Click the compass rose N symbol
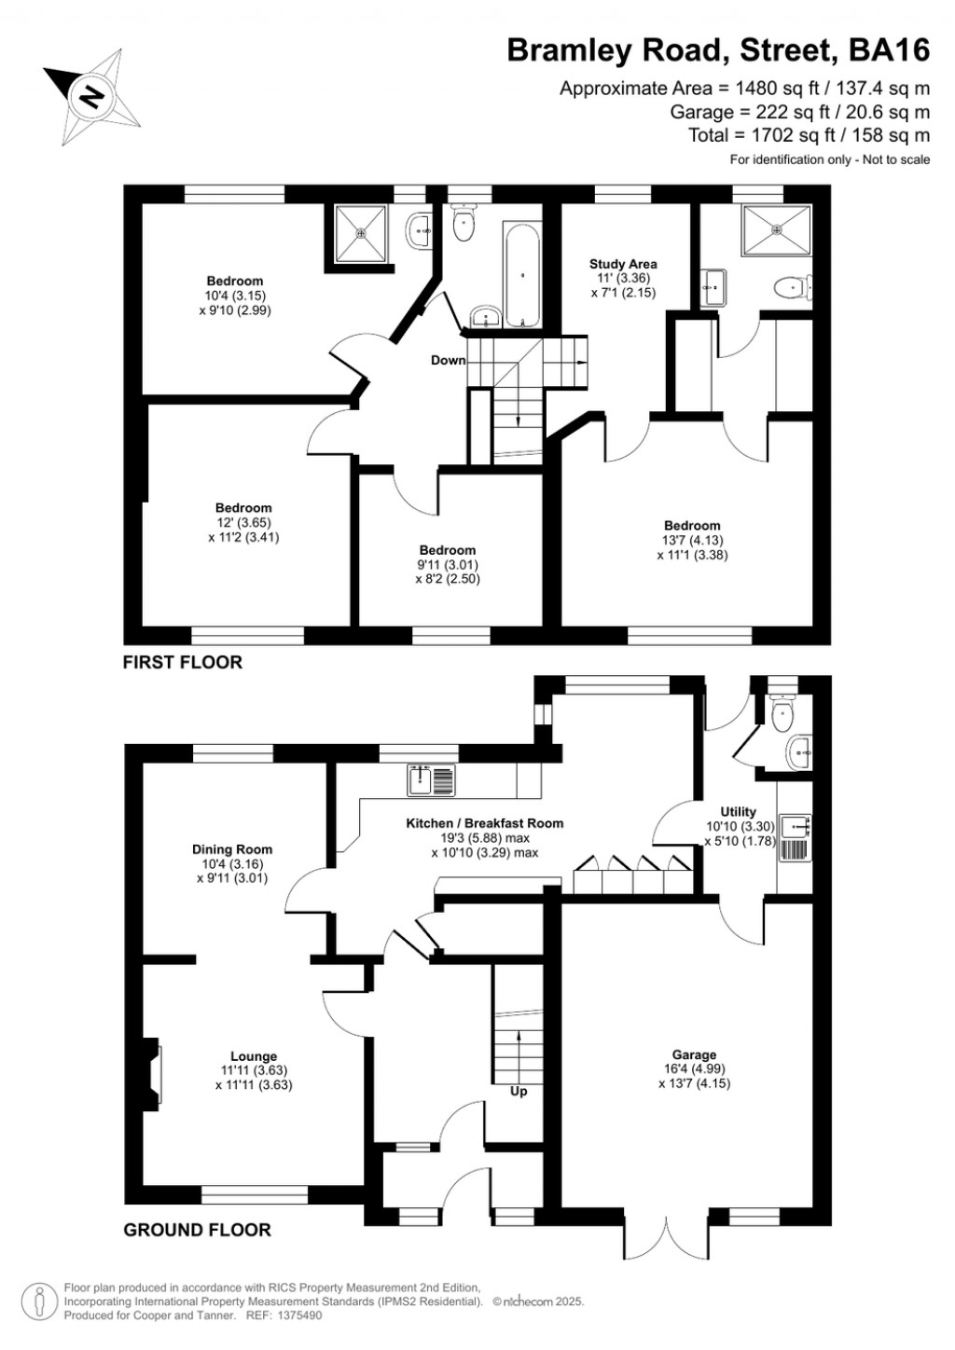pyautogui.click(x=91, y=96)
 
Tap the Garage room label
pyautogui.click(x=694, y=1054)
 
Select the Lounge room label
pyautogui.click(x=254, y=1056)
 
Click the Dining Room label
pyautogui.click(x=232, y=849)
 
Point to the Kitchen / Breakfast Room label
pyautogui.click(x=484, y=823)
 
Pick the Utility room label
pyautogui.click(x=739, y=811)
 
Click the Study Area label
pyautogui.click(x=623, y=264)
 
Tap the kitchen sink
pyautogui.click(x=431, y=780)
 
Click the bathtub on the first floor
pyautogui.click(x=521, y=274)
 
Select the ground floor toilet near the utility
pyautogui.click(x=782, y=715)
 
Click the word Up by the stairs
pyautogui.click(x=519, y=1091)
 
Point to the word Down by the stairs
pyautogui.click(x=448, y=360)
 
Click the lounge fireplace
pyautogui.click(x=151, y=1074)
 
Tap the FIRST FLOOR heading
pyautogui.click(x=183, y=662)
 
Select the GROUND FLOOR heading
pyautogui.click(x=197, y=1230)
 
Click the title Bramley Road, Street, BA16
pyautogui.click(x=718, y=50)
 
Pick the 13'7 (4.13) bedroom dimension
pyautogui.click(x=692, y=540)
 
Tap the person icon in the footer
pyautogui.click(x=39, y=1301)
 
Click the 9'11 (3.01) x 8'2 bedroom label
pyautogui.click(x=448, y=565)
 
